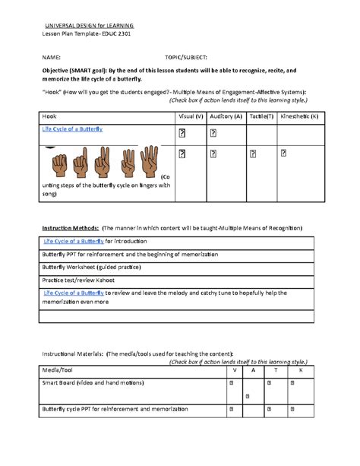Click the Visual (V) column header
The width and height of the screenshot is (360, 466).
click(190, 116)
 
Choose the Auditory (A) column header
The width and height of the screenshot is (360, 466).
click(226, 116)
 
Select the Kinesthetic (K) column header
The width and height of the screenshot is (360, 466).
click(299, 116)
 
